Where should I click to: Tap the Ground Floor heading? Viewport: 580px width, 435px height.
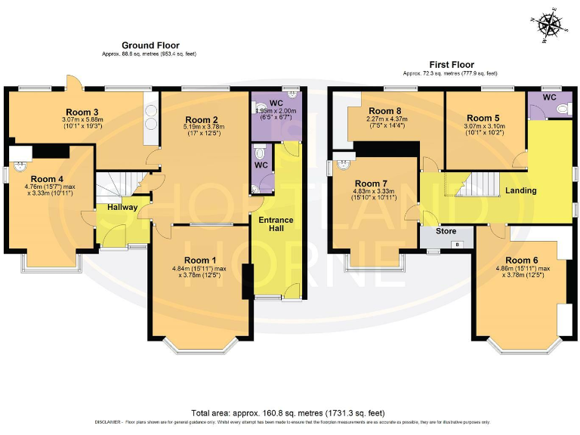tap(150, 45)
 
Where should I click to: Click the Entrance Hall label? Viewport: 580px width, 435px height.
tap(276, 224)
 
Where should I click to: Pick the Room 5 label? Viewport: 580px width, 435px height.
tap(483, 118)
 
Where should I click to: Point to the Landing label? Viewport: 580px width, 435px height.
tap(520, 190)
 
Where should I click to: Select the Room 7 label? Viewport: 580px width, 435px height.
tap(371, 184)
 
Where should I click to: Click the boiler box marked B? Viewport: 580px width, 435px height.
tap(455, 244)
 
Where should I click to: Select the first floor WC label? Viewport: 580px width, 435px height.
tap(549, 97)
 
